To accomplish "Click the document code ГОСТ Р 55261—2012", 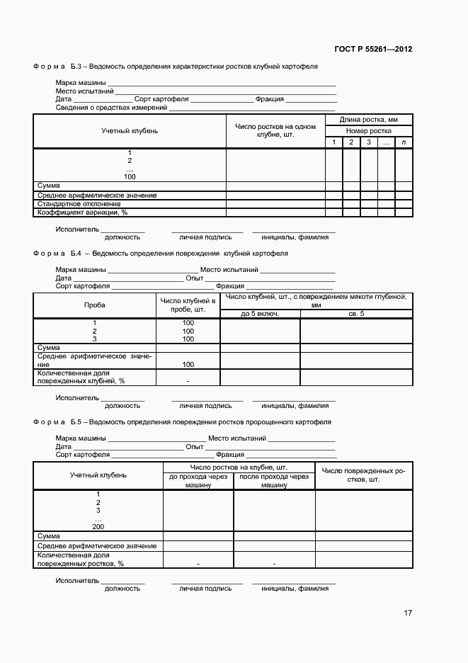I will coord(372,50).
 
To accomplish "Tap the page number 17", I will coord(408,613).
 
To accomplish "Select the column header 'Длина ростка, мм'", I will coord(368,120).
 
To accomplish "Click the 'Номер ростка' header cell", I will coord(368,131).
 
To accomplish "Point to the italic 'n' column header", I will coord(404,142).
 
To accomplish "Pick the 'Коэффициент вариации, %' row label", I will coord(82,212).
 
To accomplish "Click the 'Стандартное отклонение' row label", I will coord(79,203).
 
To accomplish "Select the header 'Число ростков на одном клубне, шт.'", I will coord(275,130).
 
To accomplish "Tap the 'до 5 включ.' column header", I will coord(260,313).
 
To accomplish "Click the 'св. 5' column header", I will coord(356,313).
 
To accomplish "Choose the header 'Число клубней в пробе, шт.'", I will coord(188,305).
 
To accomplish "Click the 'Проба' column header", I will coord(94,305).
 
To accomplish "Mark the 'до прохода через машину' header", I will coord(198,481).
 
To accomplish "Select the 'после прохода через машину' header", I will coord(274,481).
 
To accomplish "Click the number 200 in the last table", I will coord(98,526).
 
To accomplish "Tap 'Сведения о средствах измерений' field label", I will coord(111,108).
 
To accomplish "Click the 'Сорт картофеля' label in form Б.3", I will coord(161,99).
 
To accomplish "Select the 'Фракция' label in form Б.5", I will coord(230,455).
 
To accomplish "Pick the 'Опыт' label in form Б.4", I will coord(195,278).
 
